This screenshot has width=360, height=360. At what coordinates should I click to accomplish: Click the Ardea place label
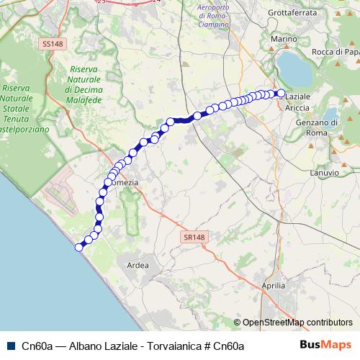pos(138,265)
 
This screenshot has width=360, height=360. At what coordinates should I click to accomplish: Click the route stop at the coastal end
pos(79,247)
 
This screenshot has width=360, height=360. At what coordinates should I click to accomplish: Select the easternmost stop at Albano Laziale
pos(281,93)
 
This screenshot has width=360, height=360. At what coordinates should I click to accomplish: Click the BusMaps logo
pos(325,345)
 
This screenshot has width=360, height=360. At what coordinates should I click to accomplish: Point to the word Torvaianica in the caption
pos(172,346)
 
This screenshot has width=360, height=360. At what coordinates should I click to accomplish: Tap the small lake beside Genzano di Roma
pos(331,115)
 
